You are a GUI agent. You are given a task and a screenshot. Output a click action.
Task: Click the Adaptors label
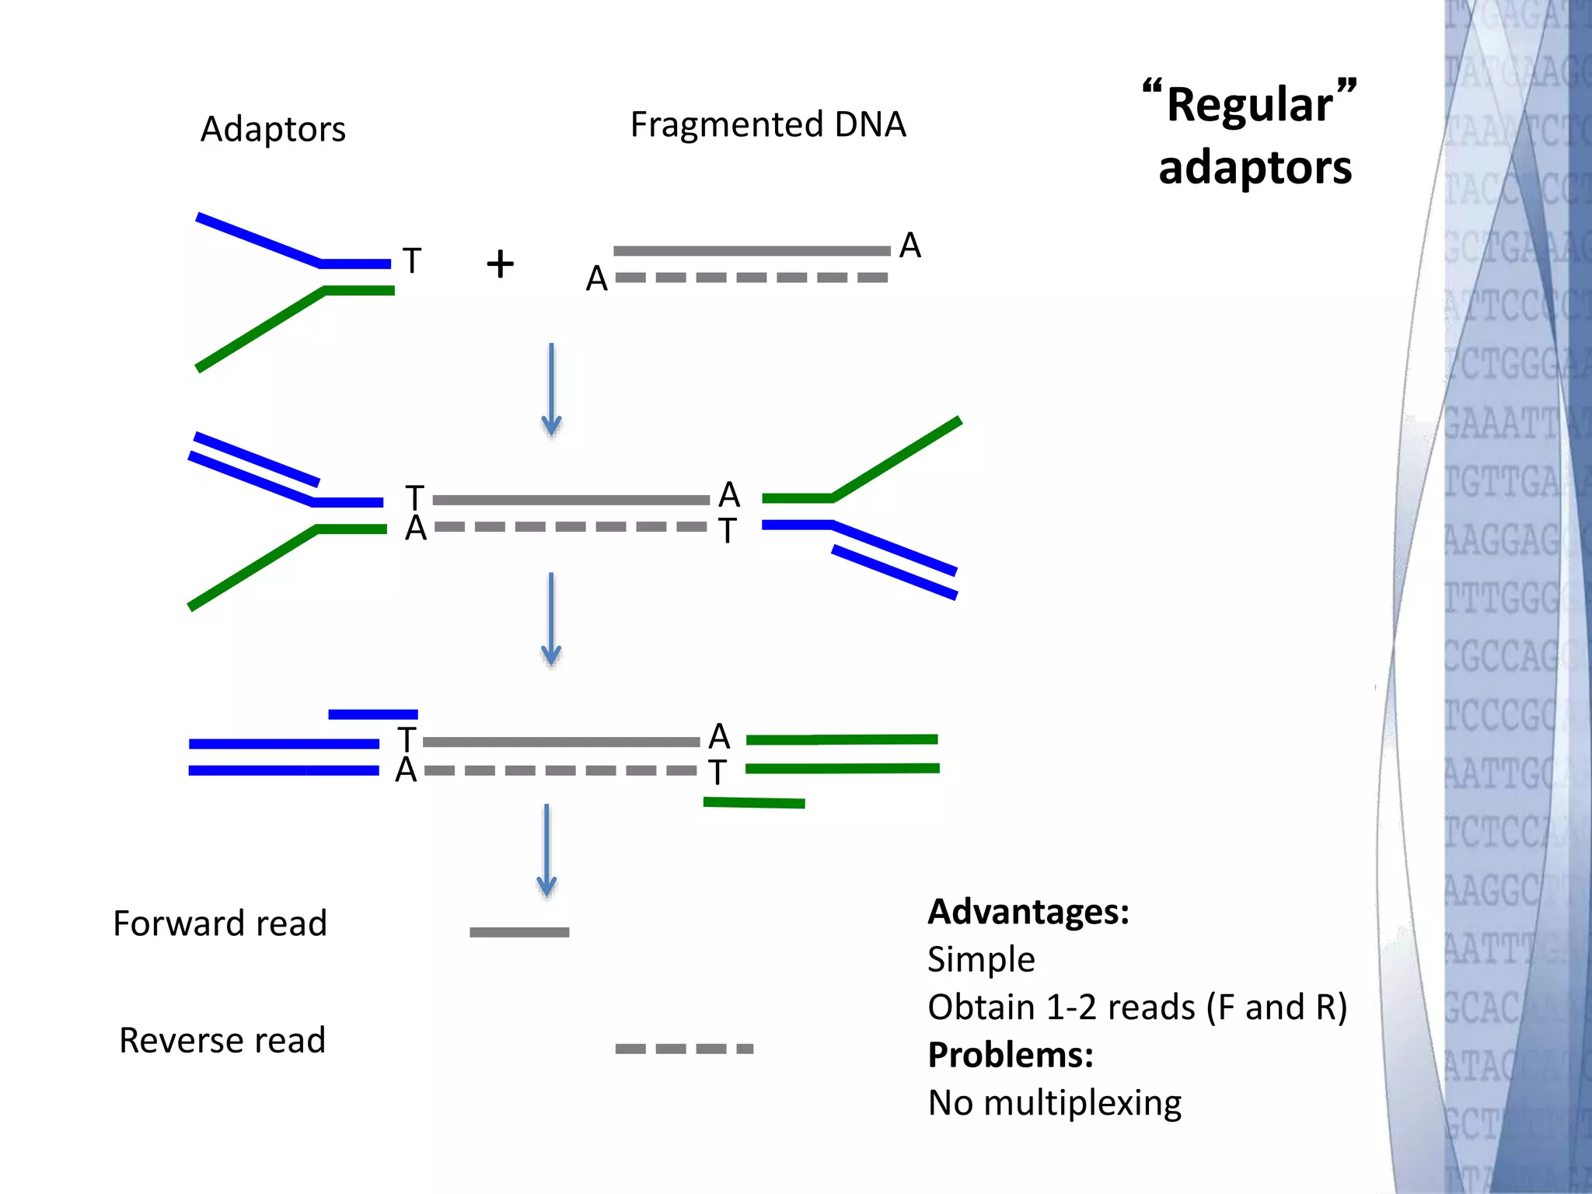click(x=273, y=129)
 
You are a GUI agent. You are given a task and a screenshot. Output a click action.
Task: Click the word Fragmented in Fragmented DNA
click(x=726, y=125)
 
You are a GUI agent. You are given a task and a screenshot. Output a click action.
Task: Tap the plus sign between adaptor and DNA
click(x=500, y=264)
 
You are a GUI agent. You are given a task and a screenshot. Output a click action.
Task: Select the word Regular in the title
click(x=1249, y=105)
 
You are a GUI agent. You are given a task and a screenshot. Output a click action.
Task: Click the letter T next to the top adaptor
click(x=412, y=261)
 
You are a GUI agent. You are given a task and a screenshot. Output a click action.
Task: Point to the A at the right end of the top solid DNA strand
click(x=909, y=246)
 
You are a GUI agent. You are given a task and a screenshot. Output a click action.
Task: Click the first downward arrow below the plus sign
click(x=551, y=389)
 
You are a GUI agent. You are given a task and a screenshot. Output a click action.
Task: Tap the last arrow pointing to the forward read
click(x=546, y=850)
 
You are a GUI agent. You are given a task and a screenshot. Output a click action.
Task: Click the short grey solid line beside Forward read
click(x=519, y=932)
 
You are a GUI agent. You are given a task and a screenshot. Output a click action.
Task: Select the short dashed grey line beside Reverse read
click(x=684, y=1049)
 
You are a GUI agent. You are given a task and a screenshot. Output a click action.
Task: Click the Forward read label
click(x=220, y=924)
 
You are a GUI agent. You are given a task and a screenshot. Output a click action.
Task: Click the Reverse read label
click(x=222, y=1041)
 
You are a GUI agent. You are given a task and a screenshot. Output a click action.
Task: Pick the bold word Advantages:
click(x=1028, y=912)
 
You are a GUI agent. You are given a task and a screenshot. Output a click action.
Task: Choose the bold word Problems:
click(x=1011, y=1056)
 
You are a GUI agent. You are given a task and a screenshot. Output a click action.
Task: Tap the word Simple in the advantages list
click(x=981, y=960)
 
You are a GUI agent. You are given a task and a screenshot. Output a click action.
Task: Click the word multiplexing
click(x=1082, y=1103)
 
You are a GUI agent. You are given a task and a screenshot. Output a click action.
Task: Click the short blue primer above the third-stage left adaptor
click(x=373, y=714)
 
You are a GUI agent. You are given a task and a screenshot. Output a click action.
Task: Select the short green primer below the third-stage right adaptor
click(x=754, y=803)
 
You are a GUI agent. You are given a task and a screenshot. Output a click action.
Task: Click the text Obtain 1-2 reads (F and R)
click(x=1137, y=1007)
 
